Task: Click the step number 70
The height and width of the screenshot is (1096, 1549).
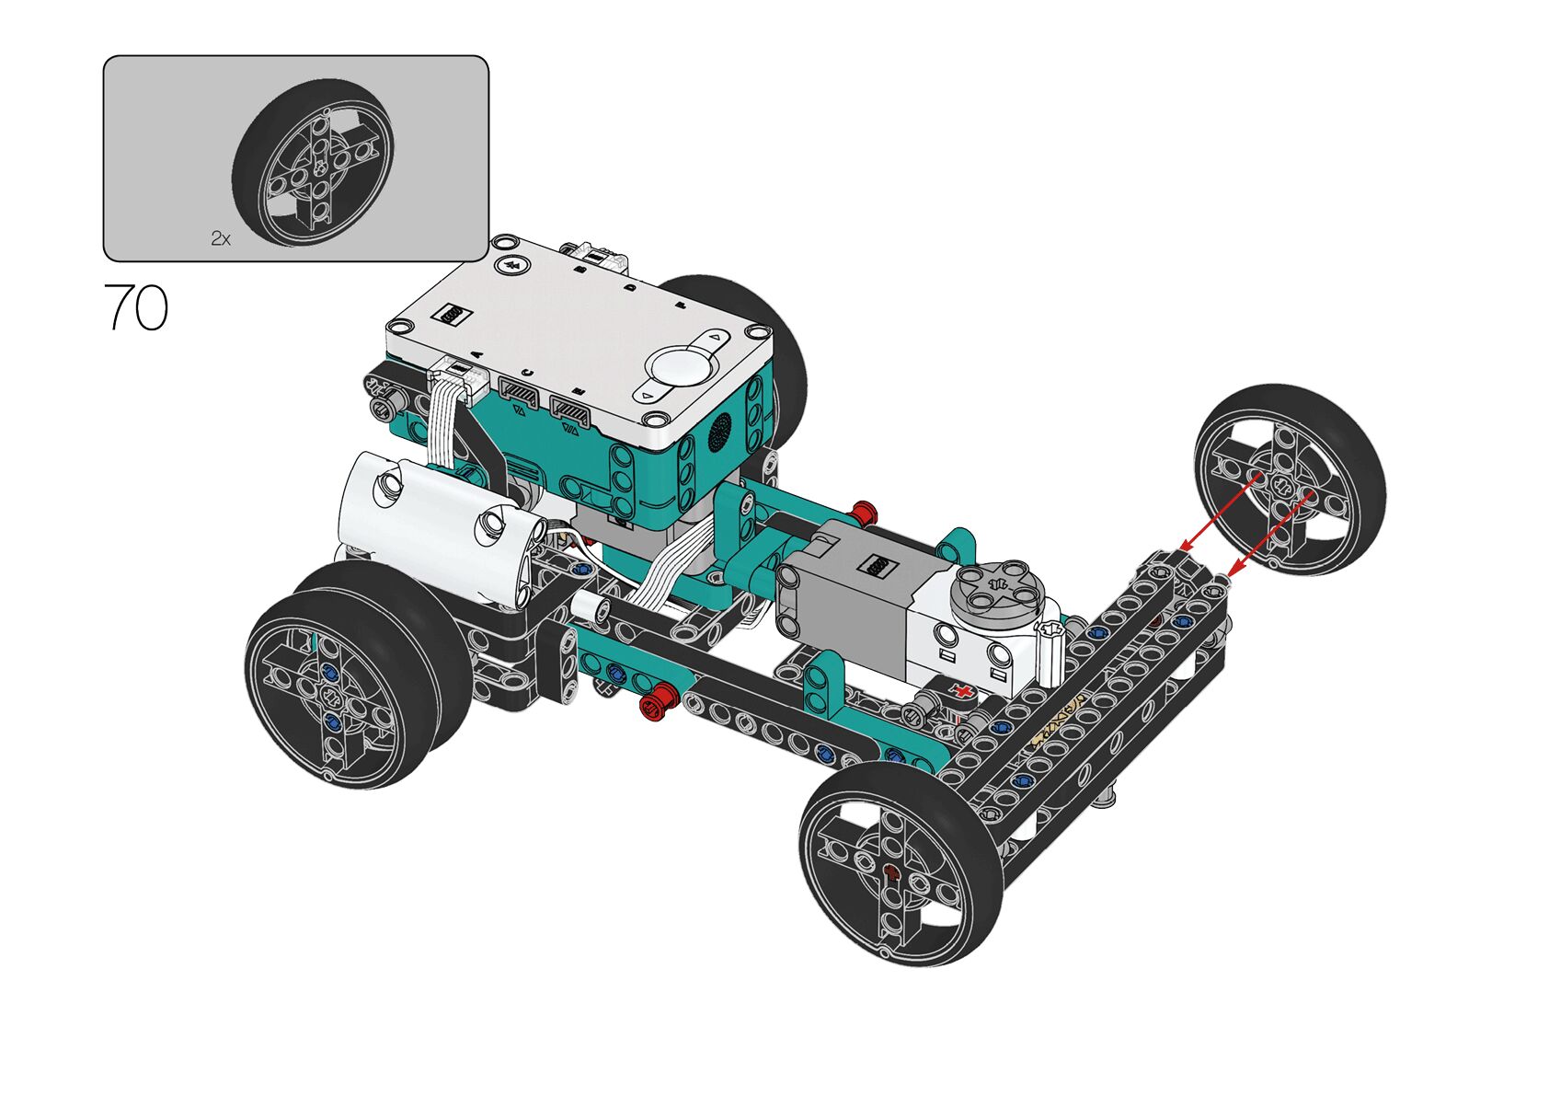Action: click(136, 306)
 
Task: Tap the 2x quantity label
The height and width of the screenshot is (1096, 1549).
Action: click(221, 239)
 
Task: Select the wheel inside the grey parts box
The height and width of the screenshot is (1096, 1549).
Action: click(312, 163)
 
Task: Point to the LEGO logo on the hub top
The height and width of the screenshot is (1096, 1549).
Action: click(451, 314)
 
